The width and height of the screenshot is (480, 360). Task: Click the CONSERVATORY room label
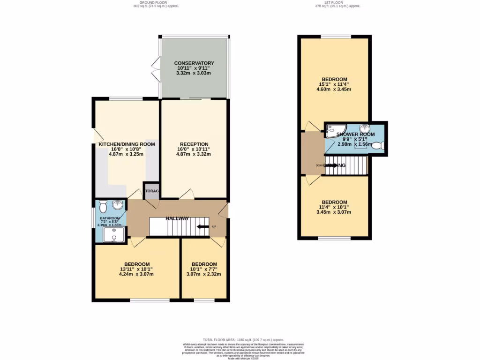point(194,63)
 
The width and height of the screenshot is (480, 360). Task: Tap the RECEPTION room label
point(194,144)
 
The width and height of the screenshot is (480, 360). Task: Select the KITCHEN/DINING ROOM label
point(127,144)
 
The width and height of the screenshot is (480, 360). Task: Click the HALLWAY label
point(177,218)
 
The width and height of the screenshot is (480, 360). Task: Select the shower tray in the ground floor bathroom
point(113,234)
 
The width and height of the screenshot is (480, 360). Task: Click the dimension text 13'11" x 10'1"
point(137,269)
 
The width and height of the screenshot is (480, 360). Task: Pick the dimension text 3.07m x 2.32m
point(204,275)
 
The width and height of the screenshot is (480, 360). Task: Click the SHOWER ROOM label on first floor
point(356,135)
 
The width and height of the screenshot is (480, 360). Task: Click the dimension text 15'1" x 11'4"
point(334,84)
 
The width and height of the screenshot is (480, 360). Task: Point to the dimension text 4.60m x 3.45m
point(334,90)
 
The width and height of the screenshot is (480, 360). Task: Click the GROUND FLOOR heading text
point(156,2)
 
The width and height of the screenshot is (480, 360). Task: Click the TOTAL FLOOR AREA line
point(243,340)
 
